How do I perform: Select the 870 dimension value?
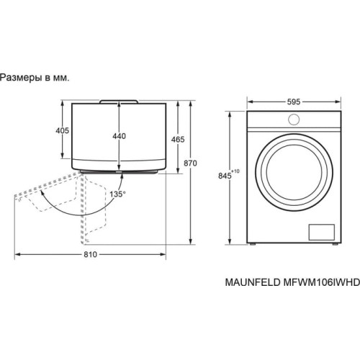[190, 164]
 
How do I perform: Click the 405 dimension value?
[63, 130]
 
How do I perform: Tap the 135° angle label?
[118, 194]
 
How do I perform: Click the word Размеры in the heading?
[22, 76]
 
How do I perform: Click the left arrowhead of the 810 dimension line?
[18, 254]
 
